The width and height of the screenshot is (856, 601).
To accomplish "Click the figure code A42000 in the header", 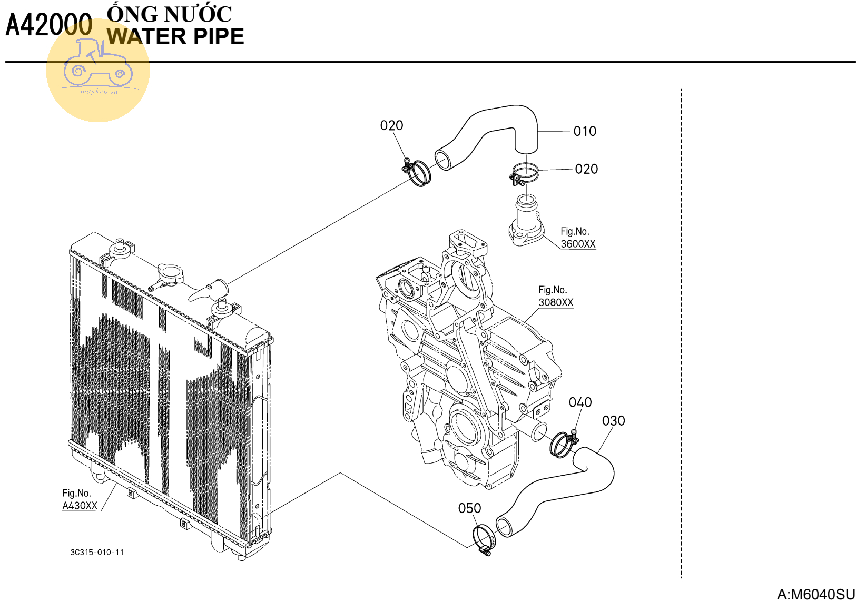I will (48, 25).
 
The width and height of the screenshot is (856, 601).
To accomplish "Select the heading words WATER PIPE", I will (175, 37).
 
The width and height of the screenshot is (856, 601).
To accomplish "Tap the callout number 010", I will (585, 131).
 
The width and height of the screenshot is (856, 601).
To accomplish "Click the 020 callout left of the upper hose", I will (391, 125).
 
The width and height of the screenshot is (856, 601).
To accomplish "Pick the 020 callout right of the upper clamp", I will (586, 169).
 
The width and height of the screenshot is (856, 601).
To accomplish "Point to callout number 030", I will (613, 421).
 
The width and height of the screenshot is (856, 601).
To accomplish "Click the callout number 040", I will (580, 402).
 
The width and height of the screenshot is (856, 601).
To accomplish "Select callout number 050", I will (469, 508).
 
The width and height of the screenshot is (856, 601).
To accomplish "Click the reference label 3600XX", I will (578, 244).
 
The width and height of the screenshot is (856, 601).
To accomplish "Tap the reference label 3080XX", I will (556, 302).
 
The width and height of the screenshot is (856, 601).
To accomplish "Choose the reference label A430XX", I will (80, 506).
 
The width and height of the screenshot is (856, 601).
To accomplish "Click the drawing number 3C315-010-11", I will (97, 552).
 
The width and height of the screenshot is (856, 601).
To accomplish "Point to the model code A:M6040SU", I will (815, 594).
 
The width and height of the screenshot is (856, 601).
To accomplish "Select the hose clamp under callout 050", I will (484, 540).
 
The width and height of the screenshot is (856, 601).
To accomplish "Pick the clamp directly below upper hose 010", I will (525, 173).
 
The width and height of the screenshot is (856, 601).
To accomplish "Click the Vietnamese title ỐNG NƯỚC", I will (169, 14).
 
